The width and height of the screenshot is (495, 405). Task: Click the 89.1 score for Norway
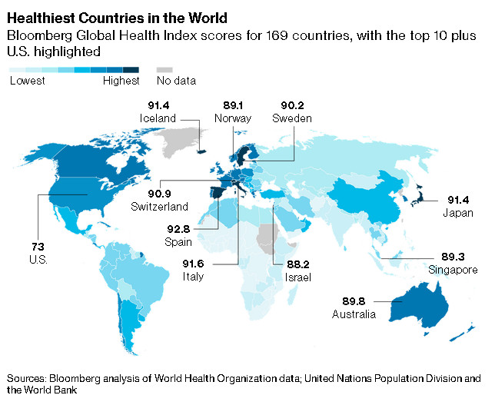(231, 106)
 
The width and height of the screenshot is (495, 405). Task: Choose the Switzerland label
(160, 207)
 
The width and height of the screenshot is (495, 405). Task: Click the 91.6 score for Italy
(193, 263)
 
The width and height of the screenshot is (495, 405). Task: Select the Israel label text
(297, 276)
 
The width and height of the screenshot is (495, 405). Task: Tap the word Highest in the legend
(121, 80)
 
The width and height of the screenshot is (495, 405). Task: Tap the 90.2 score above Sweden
(290, 106)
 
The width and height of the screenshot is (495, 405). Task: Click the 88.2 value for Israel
(297, 264)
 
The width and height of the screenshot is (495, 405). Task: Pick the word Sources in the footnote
(28, 379)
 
